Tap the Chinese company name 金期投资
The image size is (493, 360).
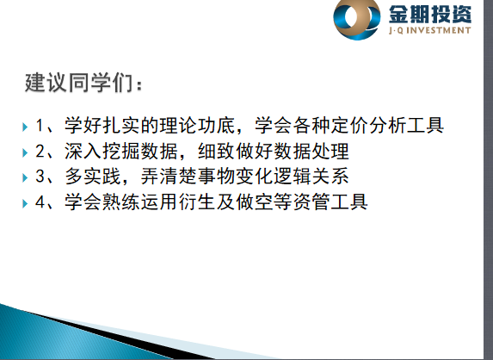click(x=430, y=14)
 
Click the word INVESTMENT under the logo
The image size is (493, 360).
click(x=441, y=30)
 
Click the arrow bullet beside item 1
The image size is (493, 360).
click(x=25, y=127)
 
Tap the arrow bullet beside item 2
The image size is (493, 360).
click(x=25, y=153)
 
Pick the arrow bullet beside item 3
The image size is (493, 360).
click(x=25, y=177)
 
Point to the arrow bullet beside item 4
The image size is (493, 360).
click(x=25, y=203)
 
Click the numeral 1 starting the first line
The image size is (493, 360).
click(x=40, y=125)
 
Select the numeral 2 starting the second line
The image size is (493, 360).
click(x=40, y=151)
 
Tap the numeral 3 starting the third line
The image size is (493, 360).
click(x=40, y=176)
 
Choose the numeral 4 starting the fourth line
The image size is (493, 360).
click(x=40, y=202)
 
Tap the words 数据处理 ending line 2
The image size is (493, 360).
click(x=311, y=151)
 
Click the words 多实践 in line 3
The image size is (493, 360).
click(x=93, y=176)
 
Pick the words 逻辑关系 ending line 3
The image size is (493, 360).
click(x=311, y=176)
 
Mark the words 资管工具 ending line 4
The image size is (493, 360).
click(x=330, y=202)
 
